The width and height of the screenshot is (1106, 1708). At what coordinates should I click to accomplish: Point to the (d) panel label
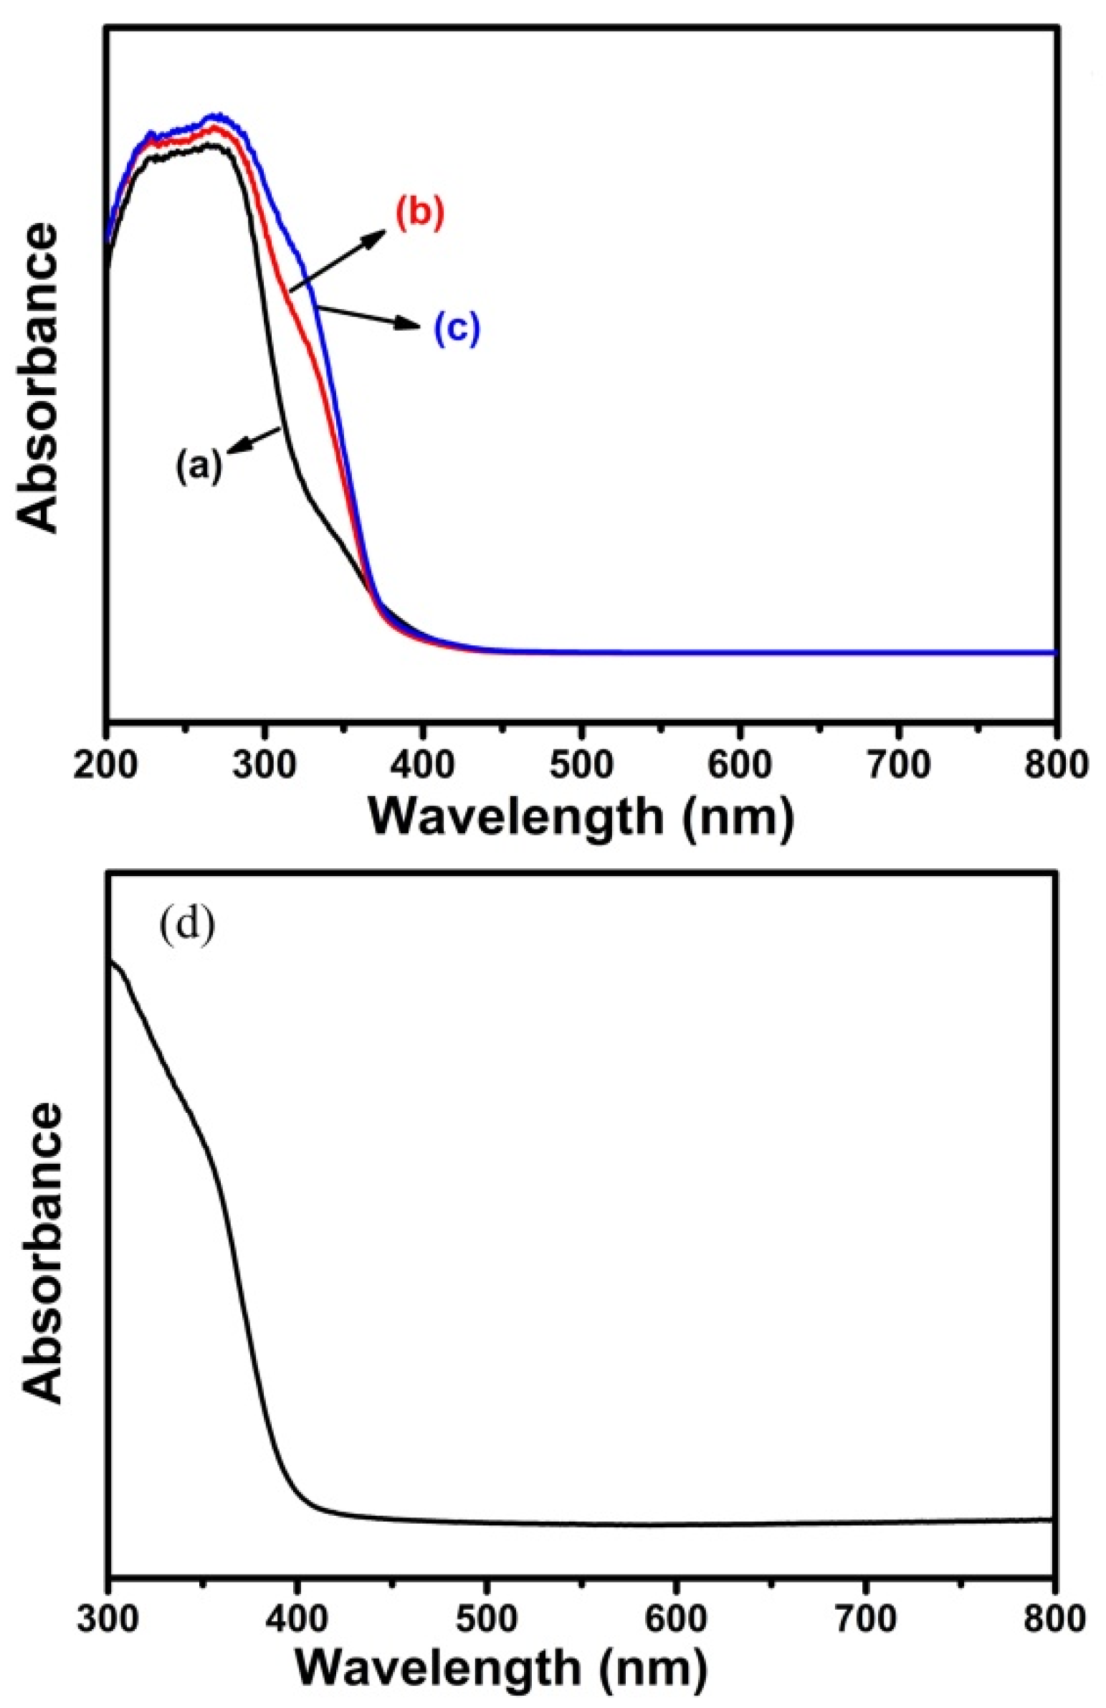pyautogui.click(x=186, y=926)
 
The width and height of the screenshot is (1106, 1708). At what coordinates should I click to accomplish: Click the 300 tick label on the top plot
pyautogui.click(x=265, y=765)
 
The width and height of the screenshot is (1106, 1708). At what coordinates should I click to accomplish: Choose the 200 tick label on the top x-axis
pyautogui.click(x=107, y=765)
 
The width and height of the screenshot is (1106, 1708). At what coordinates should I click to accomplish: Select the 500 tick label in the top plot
pyautogui.click(x=582, y=765)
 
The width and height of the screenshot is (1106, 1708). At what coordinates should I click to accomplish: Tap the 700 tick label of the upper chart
pyautogui.click(x=898, y=765)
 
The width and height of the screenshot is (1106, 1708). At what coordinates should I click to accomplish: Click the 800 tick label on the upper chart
pyautogui.click(x=1056, y=765)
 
